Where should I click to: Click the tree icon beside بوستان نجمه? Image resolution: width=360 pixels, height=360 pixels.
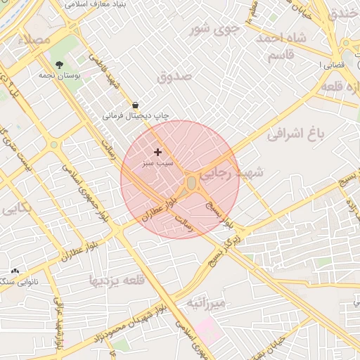[x=59, y=64]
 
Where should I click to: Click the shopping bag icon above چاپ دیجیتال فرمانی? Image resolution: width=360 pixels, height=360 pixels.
[x=134, y=104]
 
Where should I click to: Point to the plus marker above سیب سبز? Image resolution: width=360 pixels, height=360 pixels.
[x=157, y=152]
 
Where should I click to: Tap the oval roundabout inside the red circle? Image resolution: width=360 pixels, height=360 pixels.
[x=191, y=183]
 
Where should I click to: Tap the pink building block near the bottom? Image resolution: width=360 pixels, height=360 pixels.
[x=208, y=328]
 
